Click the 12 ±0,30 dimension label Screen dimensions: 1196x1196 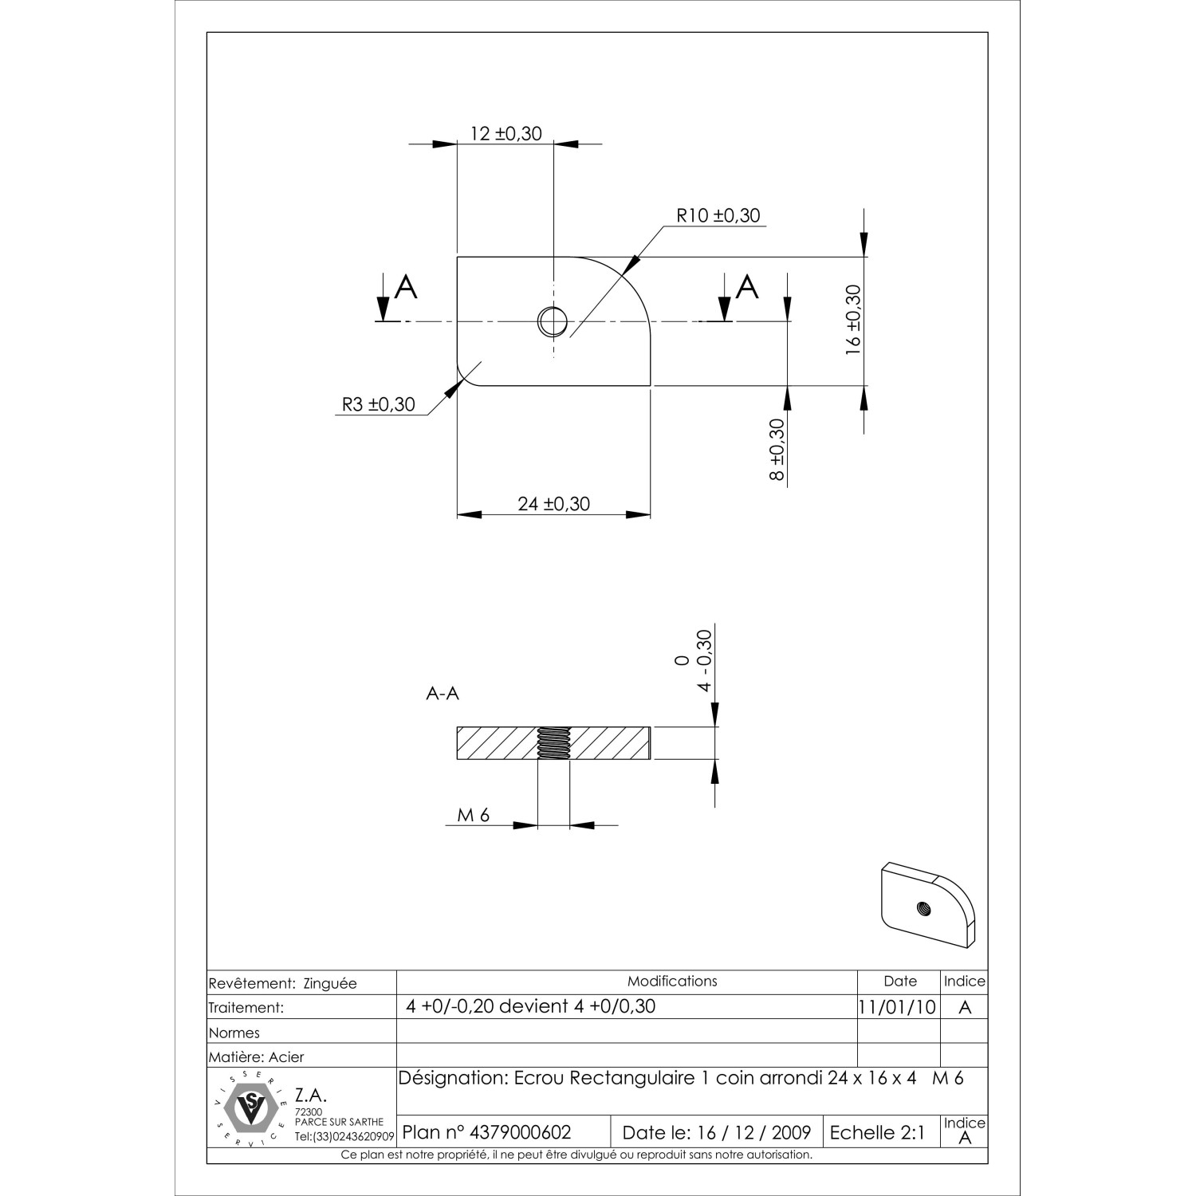coord(506,133)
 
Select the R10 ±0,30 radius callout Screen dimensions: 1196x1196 coord(718,215)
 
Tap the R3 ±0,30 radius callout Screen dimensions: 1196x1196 coord(379,404)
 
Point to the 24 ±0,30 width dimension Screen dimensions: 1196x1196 coord(553,504)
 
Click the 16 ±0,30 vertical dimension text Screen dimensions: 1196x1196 coord(853,319)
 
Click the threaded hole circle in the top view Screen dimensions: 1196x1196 coord(553,321)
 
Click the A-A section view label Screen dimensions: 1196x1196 coord(443,694)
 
